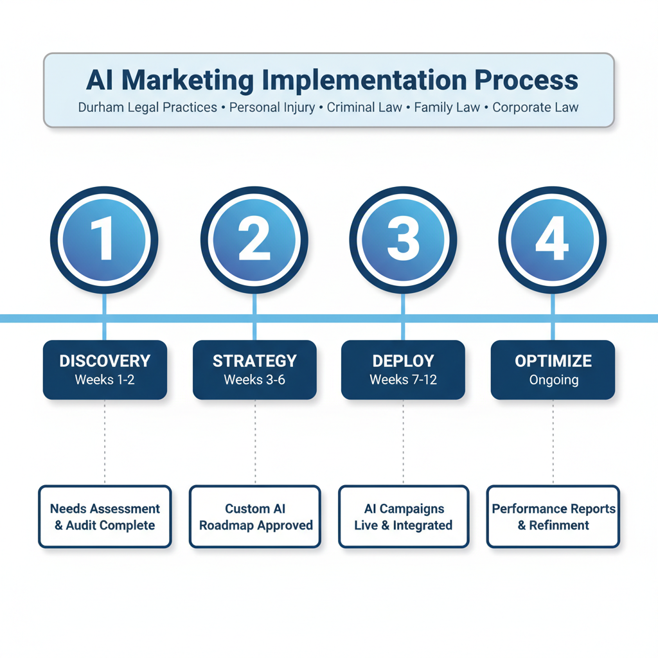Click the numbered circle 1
[104, 240]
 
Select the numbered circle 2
[254, 240]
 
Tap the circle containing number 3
[403, 240]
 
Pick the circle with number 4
[553, 240]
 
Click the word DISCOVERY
[105, 361]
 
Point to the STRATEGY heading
[254, 361]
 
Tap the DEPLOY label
[403, 361]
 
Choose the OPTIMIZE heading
[553, 361]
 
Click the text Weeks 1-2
[105, 380]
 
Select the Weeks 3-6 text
[254, 380]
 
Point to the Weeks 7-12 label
[403, 380]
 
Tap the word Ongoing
[553, 380]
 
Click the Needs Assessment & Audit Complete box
[105, 517]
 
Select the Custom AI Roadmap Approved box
[255, 517]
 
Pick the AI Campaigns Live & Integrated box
[404, 517]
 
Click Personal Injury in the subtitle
[272, 107]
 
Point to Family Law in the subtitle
[447, 107]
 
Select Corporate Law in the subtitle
[535, 107]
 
